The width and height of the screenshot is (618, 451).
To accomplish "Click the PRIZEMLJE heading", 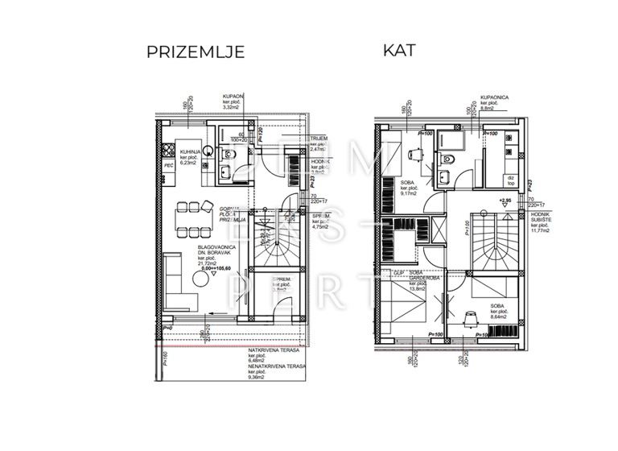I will pos(195,53).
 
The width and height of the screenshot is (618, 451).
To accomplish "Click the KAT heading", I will pos(399,50).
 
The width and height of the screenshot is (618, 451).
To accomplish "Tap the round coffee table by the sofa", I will pos(199,280).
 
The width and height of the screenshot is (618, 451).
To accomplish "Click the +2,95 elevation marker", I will pos(505,201).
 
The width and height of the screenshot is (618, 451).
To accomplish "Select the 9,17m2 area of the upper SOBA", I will pos(408,192).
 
